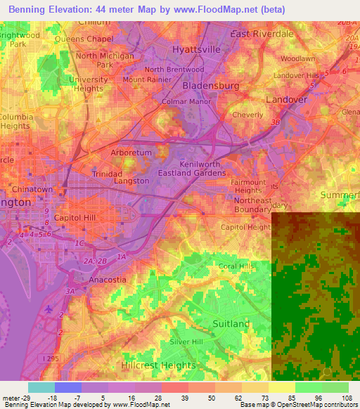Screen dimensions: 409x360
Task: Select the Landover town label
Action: pyautogui.click(x=287, y=100)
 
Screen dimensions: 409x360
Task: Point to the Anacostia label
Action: pyautogui.click(x=108, y=279)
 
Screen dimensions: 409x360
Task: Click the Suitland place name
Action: pyautogui.click(x=231, y=323)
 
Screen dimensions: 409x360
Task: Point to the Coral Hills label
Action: pyautogui.click(x=236, y=266)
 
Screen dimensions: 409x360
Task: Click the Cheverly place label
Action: pyautogui.click(x=247, y=115)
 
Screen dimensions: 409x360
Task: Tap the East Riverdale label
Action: pyautogui.click(x=262, y=34)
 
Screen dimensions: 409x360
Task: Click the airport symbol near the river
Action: pyautogui.click(x=48, y=309)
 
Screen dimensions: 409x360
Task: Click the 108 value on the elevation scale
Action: pyautogui.click(x=346, y=398)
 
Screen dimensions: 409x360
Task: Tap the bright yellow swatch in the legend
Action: pyautogui.click(x=281, y=387)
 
